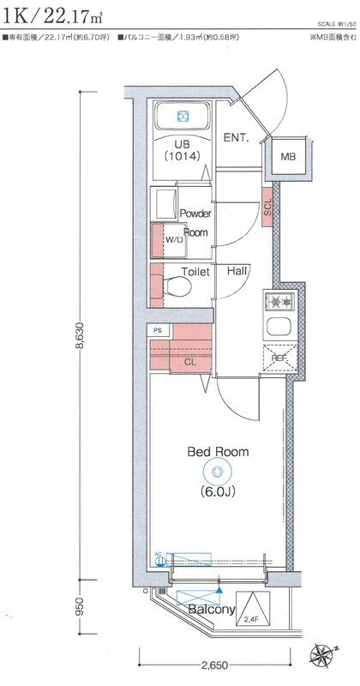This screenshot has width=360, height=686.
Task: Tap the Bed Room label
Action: (x=218, y=451)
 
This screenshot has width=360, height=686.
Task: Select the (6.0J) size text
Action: (x=219, y=492)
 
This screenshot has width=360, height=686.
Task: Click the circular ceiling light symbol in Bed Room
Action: (x=218, y=472)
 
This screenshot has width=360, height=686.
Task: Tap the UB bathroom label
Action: (x=182, y=144)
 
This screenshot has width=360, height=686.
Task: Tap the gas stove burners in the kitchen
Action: (x=279, y=301)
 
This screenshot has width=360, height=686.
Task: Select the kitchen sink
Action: (x=279, y=326)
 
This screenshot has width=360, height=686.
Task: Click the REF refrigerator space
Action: (x=279, y=359)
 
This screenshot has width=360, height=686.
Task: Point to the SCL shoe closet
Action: (x=267, y=206)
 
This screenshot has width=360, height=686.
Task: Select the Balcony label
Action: (x=211, y=610)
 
